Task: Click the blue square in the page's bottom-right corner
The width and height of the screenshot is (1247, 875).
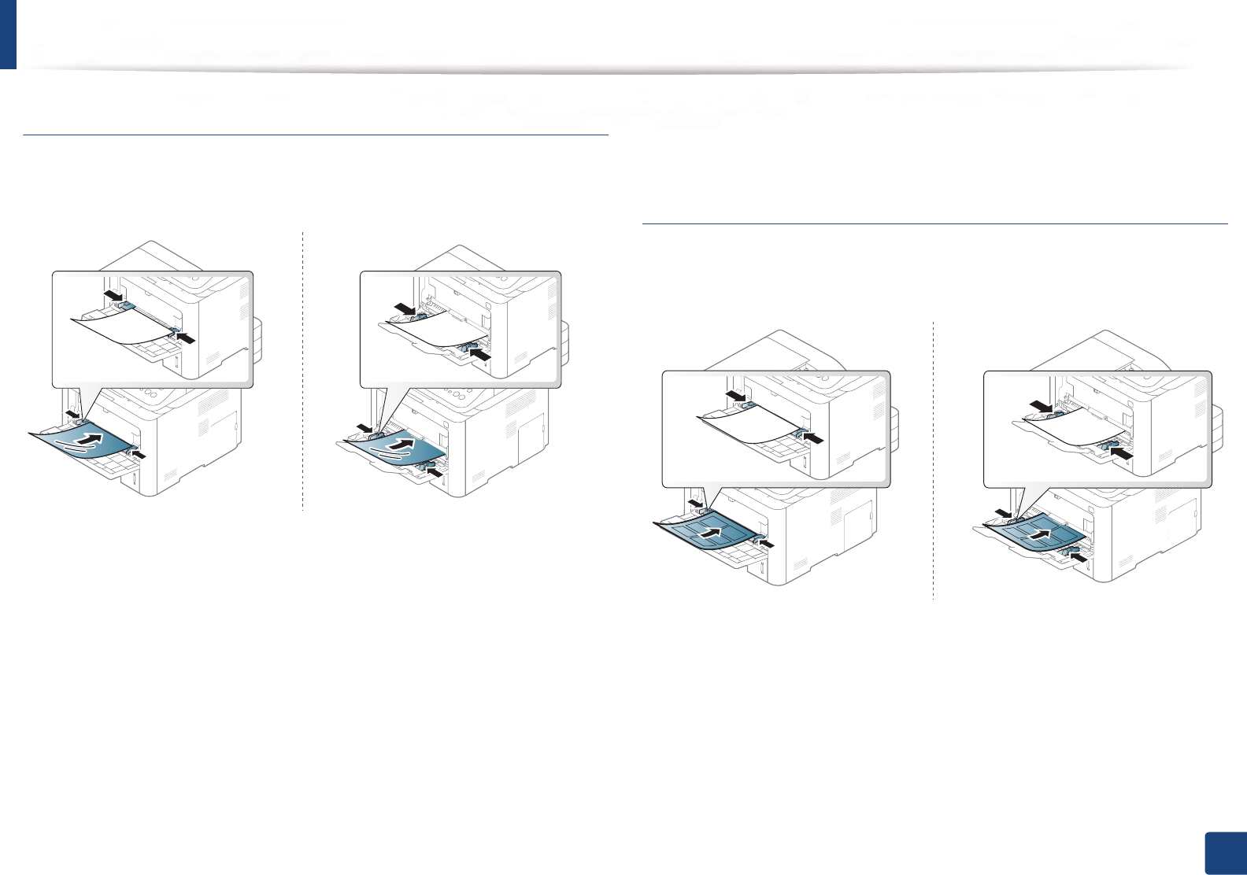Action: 1226,854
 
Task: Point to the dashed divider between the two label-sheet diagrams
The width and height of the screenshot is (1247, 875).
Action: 933,460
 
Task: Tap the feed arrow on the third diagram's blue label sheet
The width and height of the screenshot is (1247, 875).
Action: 710,532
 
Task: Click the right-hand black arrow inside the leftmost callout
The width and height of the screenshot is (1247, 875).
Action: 186,338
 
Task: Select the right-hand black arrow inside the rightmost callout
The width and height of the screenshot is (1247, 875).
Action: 1121,453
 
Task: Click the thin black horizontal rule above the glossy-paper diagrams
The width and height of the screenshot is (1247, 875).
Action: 316,135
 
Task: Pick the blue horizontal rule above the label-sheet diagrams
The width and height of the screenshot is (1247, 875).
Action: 934,224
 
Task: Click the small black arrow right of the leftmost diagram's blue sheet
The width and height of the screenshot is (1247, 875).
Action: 139,456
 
